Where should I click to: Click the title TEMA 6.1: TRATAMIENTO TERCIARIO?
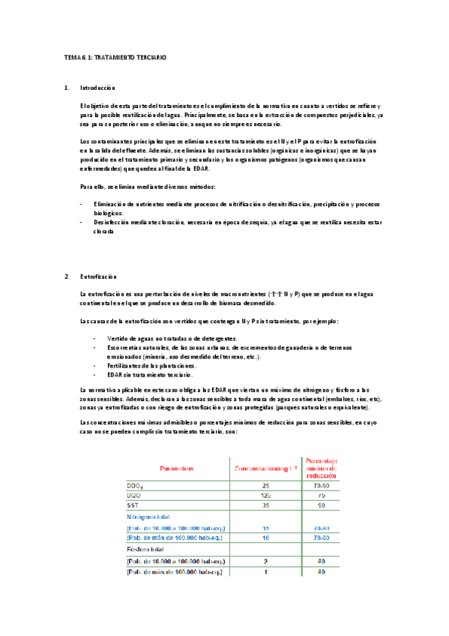click(x=115, y=57)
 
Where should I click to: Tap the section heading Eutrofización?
click(x=98, y=277)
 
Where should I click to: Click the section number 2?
click(x=67, y=277)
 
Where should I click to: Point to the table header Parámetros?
click(x=178, y=468)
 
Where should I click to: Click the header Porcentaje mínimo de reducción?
click(x=321, y=468)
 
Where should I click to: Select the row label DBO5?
click(x=137, y=486)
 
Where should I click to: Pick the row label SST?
click(x=135, y=506)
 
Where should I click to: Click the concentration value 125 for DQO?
click(x=265, y=496)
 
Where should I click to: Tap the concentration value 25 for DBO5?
click(x=265, y=486)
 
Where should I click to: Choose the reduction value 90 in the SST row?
click(x=321, y=506)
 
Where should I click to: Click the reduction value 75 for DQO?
click(x=321, y=496)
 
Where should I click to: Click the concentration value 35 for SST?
click(x=265, y=506)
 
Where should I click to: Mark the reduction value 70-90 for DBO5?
click(x=321, y=486)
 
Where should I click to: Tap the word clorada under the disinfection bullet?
click(x=104, y=232)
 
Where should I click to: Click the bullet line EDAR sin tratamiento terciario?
click(x=150, y=374)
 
